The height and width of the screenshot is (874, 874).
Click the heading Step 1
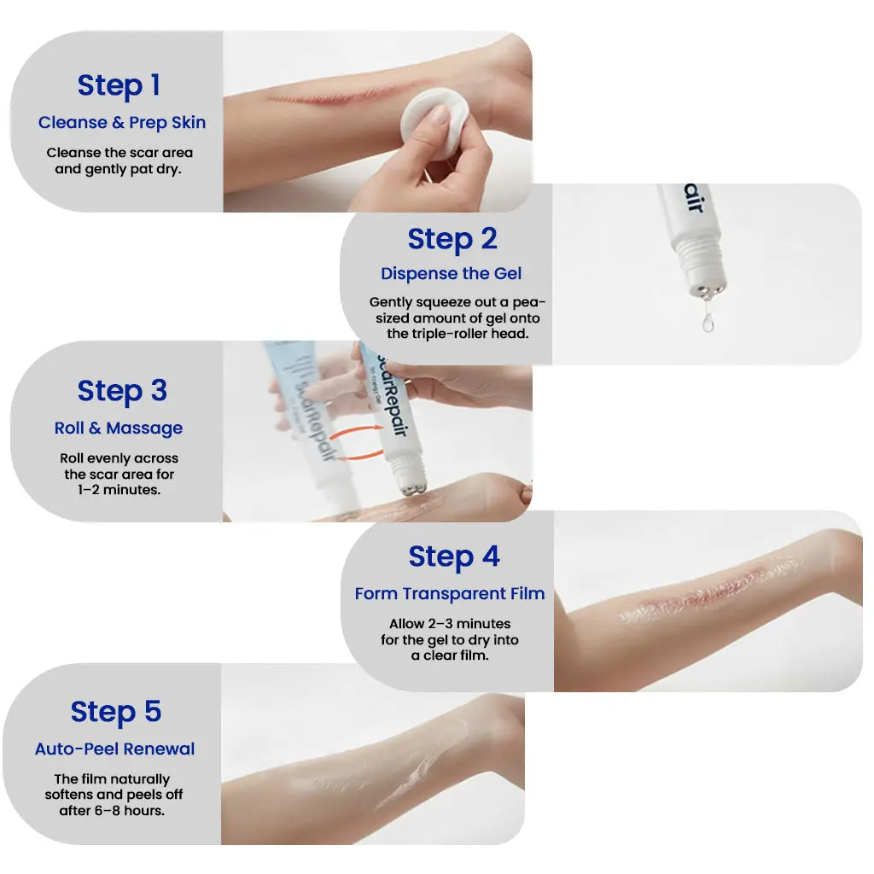119,85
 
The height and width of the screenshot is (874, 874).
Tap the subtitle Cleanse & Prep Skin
122,123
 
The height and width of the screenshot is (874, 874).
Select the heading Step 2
452,239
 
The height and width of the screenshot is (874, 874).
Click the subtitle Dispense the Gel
451,274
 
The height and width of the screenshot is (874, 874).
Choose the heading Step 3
122,391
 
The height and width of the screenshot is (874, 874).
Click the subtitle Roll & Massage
119,428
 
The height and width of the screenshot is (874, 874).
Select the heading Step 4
453,556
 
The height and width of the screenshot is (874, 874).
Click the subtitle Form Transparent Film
450,594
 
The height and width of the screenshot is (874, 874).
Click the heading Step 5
115,712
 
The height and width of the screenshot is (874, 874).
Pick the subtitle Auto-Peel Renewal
115,749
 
